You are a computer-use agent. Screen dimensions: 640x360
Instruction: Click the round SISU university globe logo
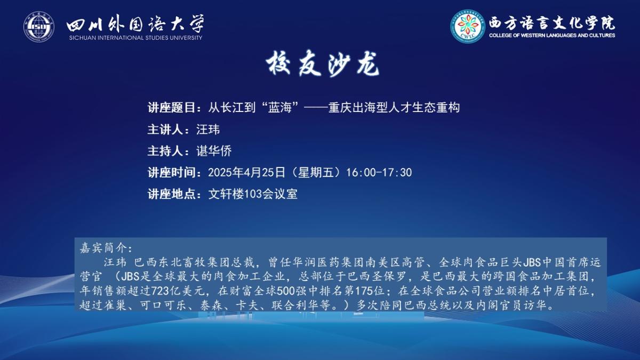coord(38,27)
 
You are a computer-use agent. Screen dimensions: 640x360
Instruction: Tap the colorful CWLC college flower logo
coord(468,27)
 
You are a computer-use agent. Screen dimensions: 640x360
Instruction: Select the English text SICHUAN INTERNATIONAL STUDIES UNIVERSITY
coord(135,38)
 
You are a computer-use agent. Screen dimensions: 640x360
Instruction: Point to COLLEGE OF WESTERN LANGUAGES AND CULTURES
coord(552,35)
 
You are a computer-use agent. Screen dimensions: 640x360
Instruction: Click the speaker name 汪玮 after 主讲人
coord(208,130)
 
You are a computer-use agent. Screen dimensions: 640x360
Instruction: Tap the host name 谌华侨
coord(214,151)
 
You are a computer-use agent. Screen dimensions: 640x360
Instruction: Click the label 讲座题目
coord(171,108)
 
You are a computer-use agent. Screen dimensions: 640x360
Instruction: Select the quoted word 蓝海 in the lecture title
coord(279,108)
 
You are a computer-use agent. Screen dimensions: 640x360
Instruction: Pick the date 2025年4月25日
coord(246,172)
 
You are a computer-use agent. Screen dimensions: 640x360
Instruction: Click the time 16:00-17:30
coord(379,173)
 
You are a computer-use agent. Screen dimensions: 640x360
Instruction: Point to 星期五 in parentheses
coord(316,172)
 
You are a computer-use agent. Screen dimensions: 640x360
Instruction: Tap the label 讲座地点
coord(171,194)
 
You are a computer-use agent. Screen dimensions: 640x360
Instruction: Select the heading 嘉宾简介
coord(102,248)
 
